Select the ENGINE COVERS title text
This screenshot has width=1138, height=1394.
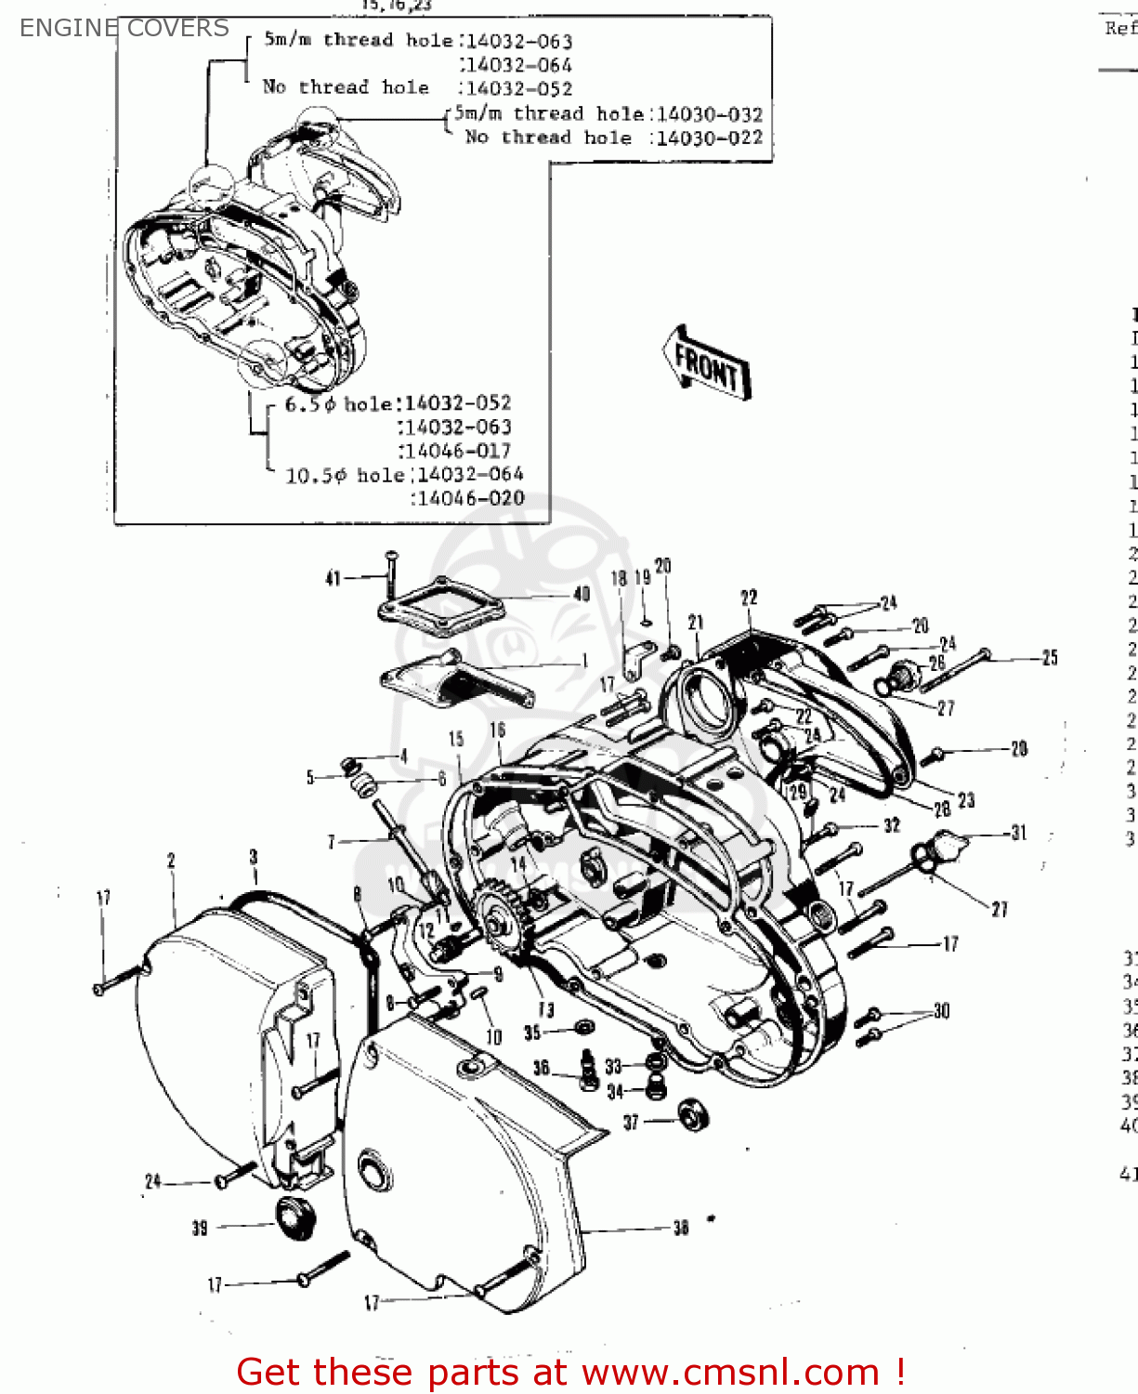[x=124, y=28]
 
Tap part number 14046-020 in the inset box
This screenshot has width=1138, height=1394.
[x=471, y=499]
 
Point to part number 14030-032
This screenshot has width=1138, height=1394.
[x=710, y=114]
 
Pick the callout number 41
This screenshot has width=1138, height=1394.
[x=334, y=579]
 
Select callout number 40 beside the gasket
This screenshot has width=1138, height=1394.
[x=582, y=594]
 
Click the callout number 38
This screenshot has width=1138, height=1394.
[x=681, y=1228]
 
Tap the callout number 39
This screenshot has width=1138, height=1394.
[x=200, y=1228]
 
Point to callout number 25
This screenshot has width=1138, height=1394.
[x=1050, y=658]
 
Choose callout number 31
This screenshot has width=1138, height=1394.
[x=1019, y=833]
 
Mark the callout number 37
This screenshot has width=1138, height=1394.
[x=631, y=1122]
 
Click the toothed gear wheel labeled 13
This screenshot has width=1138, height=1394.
[x=504, y=919]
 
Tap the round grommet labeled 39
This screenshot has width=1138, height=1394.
[x=295, y=1217]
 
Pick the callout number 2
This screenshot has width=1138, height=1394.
[x=171, y=861]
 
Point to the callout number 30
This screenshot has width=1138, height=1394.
[x=942, y=1011]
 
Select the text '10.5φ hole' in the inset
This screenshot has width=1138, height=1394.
[x=345, y=476]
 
